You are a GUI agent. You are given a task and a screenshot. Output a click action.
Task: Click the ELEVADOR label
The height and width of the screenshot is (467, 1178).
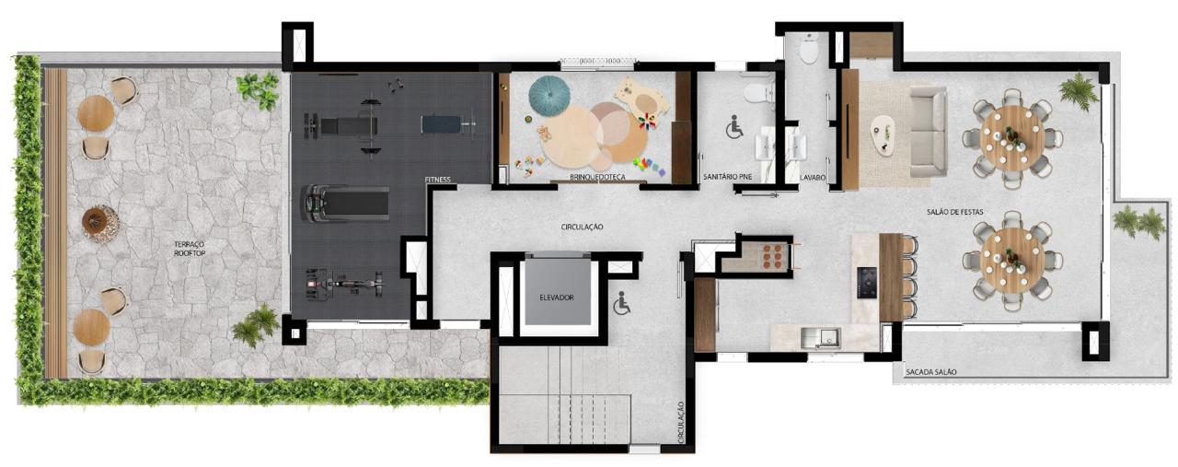(557, 298)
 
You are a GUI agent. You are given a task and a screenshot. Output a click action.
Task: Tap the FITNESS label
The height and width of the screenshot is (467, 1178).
(437, 180)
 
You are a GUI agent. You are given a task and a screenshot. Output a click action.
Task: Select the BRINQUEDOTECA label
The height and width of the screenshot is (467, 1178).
(598, 178)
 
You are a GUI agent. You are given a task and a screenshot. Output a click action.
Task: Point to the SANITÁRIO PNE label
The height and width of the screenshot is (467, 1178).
(728, 178)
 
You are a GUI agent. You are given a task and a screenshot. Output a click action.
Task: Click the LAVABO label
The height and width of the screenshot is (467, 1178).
(813, 178)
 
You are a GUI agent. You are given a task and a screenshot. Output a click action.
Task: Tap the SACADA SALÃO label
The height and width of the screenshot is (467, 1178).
(930, 372)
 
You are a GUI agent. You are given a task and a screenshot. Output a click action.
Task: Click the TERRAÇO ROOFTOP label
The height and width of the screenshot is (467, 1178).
(190, 249)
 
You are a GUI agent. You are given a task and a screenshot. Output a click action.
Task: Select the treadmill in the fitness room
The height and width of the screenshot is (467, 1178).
(345, 203)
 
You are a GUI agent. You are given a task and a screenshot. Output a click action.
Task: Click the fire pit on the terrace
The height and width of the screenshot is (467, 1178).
(100, 223)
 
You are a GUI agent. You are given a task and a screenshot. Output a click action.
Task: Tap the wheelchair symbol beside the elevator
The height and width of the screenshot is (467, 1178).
(621, 304)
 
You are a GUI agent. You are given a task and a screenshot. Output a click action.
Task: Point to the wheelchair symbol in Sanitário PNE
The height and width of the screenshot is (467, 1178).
(734, 127)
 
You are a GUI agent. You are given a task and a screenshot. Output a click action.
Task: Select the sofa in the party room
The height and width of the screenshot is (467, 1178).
(929, 132)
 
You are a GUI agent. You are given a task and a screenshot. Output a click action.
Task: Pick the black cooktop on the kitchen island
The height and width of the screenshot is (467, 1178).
(867, 282)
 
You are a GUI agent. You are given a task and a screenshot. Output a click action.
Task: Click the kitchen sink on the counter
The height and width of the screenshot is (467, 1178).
(820, 337)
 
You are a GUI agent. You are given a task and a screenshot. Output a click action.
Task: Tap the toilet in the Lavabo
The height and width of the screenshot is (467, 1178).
(808, 51)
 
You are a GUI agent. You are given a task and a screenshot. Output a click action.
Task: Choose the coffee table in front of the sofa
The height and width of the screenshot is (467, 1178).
(884, 135)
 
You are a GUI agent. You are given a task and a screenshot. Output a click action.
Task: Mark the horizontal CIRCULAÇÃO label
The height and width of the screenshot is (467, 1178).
(583, 227)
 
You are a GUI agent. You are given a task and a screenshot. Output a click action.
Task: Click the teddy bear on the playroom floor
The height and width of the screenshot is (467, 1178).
(544, 133)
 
